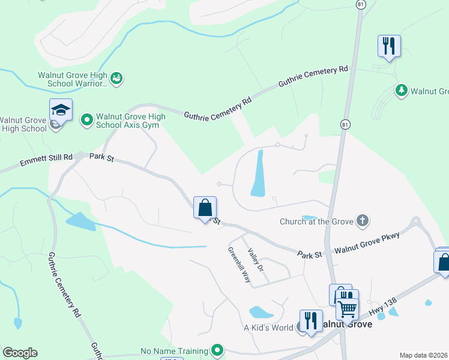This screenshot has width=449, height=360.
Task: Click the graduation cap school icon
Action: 61,110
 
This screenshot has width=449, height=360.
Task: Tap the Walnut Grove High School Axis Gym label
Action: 131,121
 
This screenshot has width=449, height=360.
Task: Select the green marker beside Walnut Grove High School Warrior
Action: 117,78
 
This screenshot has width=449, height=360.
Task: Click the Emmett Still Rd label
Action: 46,160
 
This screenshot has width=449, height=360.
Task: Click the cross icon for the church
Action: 362,221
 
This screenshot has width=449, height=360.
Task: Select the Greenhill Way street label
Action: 239,265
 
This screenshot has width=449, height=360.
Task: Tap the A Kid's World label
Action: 268,328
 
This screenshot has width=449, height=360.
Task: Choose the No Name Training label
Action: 174,351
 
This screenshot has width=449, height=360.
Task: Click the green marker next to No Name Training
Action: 217,350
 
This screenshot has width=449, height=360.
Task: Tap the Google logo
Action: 20,353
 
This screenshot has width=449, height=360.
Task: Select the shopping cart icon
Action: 347,309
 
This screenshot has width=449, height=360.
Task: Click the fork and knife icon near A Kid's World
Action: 310,319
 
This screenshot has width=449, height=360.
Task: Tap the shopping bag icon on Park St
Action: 205,208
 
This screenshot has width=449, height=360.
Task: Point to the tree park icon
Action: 400,91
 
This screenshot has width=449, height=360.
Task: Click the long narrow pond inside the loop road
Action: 258,174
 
